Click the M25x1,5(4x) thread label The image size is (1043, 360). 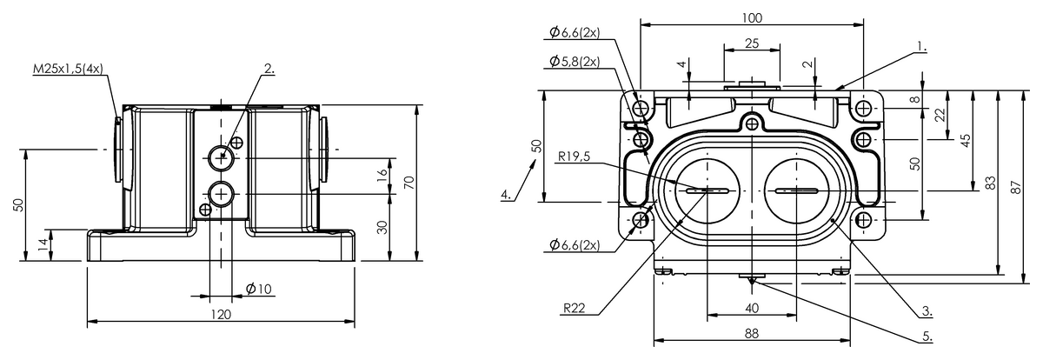click(x=68, y=69)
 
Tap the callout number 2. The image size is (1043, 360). click(x=269, y=69)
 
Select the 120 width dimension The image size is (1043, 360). click(x=221, y=315)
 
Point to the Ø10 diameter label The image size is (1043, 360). click(x=258, y=290)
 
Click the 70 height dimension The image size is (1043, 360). click(x=409, y=182)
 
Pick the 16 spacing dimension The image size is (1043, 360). click(x=382, y=175)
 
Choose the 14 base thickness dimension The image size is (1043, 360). click(x=43, y=244)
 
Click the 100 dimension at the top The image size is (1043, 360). click(x=752, y=18)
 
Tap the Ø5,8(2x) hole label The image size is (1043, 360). click(x=575, y=62)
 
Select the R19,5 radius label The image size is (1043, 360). click(x=574, y=157)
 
